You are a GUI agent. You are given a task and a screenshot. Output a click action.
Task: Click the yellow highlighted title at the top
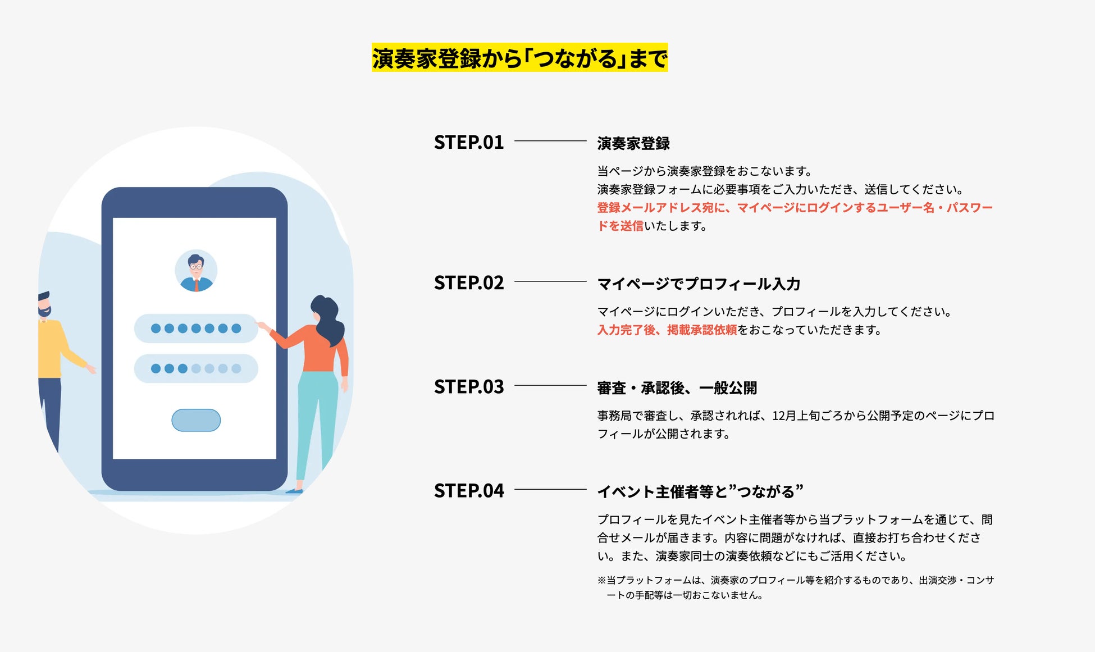[519, 58]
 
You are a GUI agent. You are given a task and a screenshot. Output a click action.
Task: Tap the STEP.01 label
[469, 142]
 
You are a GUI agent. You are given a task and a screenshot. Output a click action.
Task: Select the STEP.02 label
[469, 282]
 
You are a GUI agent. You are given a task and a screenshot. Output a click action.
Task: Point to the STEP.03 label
[469, 386]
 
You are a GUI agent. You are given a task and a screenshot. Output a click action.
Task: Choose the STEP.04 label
[469, 490]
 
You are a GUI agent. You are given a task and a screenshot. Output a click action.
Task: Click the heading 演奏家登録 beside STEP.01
[633, 143]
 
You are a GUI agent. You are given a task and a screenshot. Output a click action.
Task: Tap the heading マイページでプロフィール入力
[699, 284]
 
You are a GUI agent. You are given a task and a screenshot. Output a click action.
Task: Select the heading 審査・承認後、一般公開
[677, 387]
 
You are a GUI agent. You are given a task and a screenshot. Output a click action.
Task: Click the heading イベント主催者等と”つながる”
[700, 491]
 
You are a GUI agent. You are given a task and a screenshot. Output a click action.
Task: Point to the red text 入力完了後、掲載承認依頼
[667, 330]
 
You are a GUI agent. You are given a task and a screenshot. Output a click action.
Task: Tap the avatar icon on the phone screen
[196, 271]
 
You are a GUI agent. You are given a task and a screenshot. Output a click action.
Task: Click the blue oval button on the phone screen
[196, 420]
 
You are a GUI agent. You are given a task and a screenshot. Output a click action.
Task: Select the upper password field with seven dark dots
[196, 328]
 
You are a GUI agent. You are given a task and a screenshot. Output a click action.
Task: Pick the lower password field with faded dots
[196, 368]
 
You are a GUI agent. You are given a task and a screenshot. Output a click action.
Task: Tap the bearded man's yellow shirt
[49, 348]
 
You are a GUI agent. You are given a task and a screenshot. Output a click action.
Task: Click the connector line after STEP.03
[550, 386]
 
